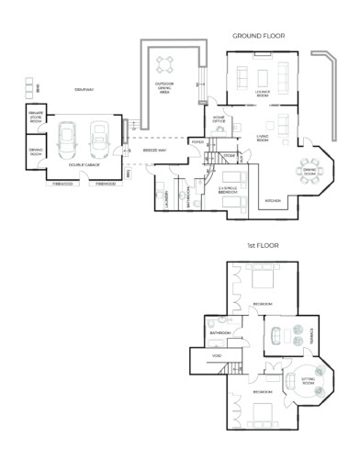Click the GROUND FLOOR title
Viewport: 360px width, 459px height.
pos(258,36)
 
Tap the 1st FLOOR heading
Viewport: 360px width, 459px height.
pos(262,246)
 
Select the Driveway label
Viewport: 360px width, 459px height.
pos(85,89)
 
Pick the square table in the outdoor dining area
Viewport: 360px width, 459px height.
pos(166,63)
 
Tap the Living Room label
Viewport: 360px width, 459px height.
pos(262,138)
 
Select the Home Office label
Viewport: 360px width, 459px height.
pos(219,119)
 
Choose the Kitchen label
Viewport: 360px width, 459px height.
pos(272,199)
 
